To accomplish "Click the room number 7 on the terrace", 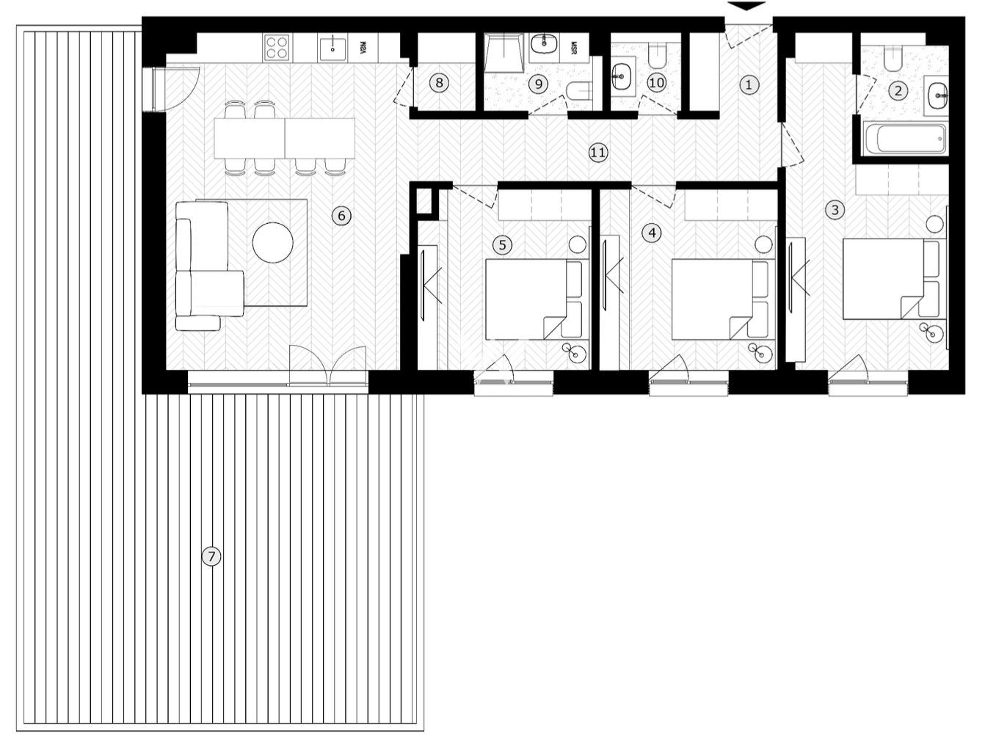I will (x=211, y=557).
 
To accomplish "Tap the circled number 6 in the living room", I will (x=341, y=216).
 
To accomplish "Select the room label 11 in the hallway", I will (x=598, y=153).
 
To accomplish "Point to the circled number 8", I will (x=439, y=83).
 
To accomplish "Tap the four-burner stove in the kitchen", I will (x=277, y=48).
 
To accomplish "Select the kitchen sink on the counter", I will (x=332, y=49).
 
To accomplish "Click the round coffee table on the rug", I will (x=273, y=241).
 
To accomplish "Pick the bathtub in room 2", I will (x=904, y=139).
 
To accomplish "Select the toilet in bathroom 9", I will (x=580, y=92).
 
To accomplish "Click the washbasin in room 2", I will (x=937, y=94).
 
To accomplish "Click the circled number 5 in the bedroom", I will (x=502, y=244).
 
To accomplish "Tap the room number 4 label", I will (x=651, y=233).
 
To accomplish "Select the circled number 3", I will (x=834, y=210).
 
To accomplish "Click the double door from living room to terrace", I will (x=327, y=365).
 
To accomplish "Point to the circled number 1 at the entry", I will (x=749, y=84).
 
